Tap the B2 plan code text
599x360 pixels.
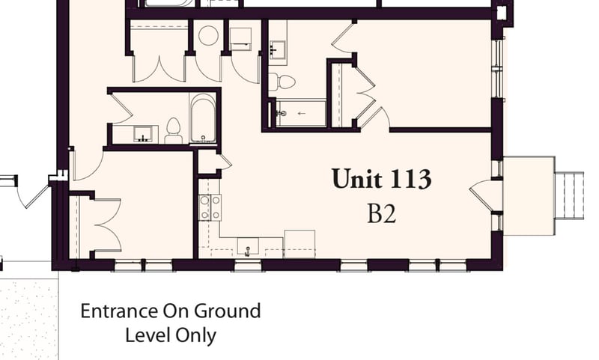[x=381, y=214]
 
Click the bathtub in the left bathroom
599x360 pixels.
[x=203, y=118]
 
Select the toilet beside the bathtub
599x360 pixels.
[x=174, y=130]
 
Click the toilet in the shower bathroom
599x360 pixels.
[x=282, y=81]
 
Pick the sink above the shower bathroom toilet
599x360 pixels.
[x=279, y=48]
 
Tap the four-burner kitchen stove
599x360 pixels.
[x=210, y=207]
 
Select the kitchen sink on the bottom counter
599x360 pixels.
[x=247, y=245]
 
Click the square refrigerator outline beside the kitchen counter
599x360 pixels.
[x=299, y=244]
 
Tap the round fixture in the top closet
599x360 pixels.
[x=208, y=35]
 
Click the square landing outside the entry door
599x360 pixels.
[x=529, y=195]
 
